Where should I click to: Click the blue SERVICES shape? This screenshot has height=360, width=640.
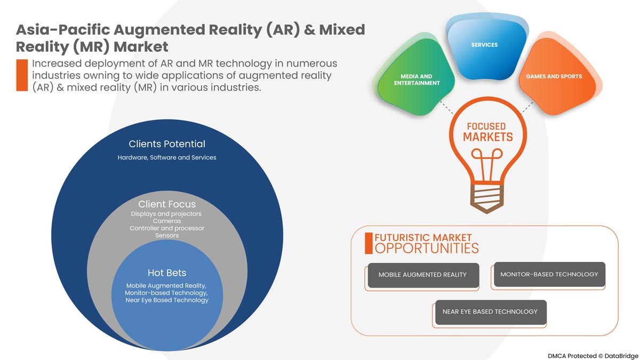pos(484,51)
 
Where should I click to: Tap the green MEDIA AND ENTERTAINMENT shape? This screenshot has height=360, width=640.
pos(417,80)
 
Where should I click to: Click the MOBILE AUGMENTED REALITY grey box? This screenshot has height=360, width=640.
pos(422,275)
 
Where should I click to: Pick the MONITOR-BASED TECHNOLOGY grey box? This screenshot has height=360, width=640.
pos(549,274)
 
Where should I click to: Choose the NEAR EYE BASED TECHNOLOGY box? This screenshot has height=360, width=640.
pos(490,311)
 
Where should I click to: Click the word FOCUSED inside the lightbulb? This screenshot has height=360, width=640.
pos(486,126)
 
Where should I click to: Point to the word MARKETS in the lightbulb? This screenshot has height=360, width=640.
pos(487,137)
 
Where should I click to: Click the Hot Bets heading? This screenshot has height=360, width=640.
pos(167,273)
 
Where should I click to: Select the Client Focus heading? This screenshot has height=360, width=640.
pos(167,204)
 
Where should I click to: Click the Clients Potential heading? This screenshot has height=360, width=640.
pos(167,144)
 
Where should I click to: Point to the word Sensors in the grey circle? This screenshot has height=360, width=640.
pos(167,235)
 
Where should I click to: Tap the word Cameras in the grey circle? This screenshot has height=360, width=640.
pos(167,221)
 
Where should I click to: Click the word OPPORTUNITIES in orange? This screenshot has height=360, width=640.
pos(427,248)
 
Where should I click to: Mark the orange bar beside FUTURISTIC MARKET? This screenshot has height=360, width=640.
pos(368,243)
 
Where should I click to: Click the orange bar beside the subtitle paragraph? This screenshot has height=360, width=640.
pos(22,75)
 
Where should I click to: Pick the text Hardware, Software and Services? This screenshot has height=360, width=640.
pos(167,158)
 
